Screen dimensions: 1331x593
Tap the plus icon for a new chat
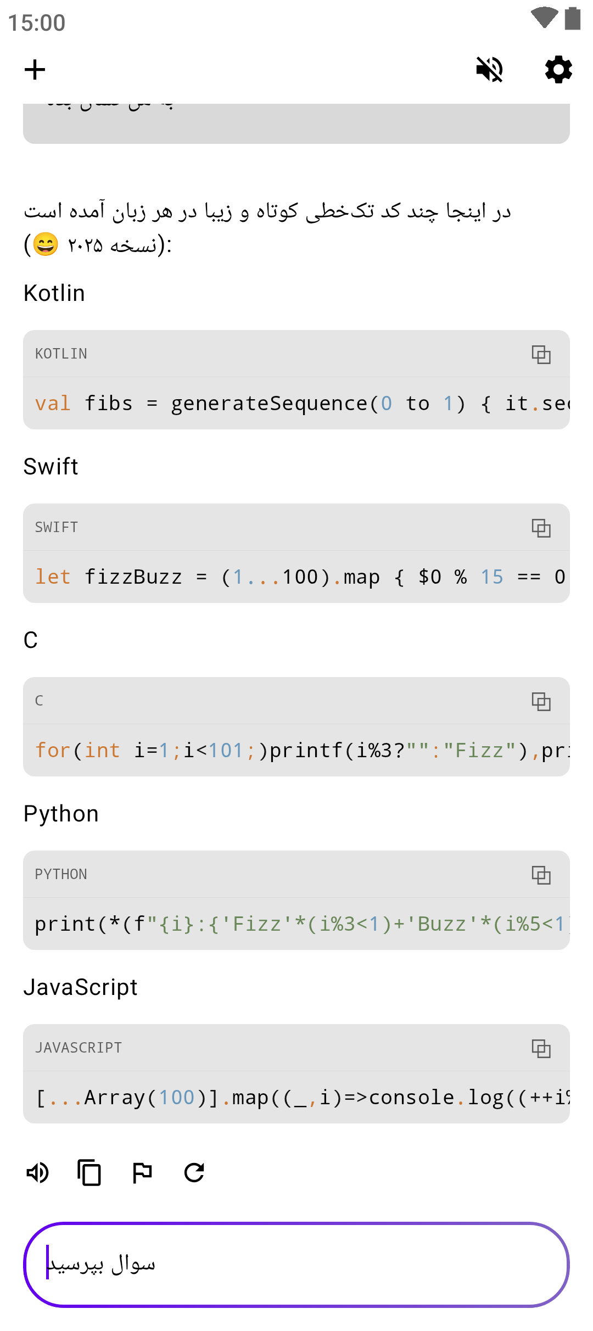pos(35,70)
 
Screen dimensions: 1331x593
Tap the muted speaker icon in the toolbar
pos(489,70)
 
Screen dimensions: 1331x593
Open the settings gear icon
pos(558,70)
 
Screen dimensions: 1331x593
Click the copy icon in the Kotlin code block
pos(541,355)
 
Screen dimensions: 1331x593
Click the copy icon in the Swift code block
pos(541,528)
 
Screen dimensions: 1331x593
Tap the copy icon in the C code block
pos(541,702)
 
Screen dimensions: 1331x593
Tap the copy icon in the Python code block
pos(541,875)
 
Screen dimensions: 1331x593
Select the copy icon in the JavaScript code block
pos(541,1049)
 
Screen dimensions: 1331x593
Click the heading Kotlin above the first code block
pos(54,293)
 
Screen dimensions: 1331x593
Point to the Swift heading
pos(51,467)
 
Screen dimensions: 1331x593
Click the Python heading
pos(61,814)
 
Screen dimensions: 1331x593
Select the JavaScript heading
pos(81,987)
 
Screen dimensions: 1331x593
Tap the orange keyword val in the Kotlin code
pos(53,404)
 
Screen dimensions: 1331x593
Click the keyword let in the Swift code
pos(53,578)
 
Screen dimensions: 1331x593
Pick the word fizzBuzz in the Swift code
pos(133,578)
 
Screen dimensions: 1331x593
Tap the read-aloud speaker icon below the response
pos(38,1173)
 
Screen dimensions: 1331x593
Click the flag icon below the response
pos(142,1173)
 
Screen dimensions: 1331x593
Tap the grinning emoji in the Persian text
pos(46,245)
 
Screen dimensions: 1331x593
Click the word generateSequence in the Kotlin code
pos(269,404)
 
